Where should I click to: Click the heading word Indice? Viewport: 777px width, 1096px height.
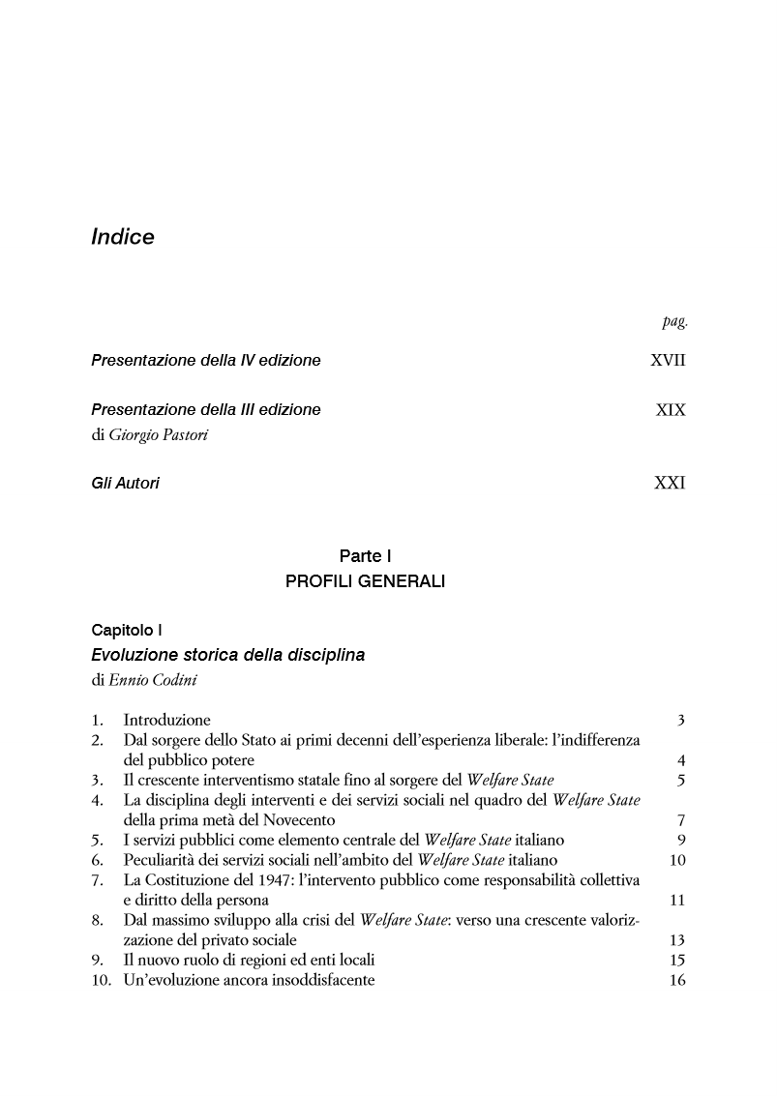[123, 237]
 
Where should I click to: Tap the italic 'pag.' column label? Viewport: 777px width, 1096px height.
[674, 322]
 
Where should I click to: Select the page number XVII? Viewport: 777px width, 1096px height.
[668, 361]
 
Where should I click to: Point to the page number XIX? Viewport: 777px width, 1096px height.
[670, 410]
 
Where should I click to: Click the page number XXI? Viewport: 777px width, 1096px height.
[670, 483]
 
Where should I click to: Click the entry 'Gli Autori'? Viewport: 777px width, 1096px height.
[125, 483]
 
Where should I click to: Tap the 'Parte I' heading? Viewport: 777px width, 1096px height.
[365, 556]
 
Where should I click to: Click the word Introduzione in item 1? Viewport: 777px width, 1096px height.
[166, 720]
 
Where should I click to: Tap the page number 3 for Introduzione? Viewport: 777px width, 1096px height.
[681, 720]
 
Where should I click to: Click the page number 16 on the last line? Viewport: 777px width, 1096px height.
[676, 981]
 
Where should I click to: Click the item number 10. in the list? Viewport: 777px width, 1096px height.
[102, 981]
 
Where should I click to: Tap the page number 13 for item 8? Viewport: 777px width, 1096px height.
[676, 940]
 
